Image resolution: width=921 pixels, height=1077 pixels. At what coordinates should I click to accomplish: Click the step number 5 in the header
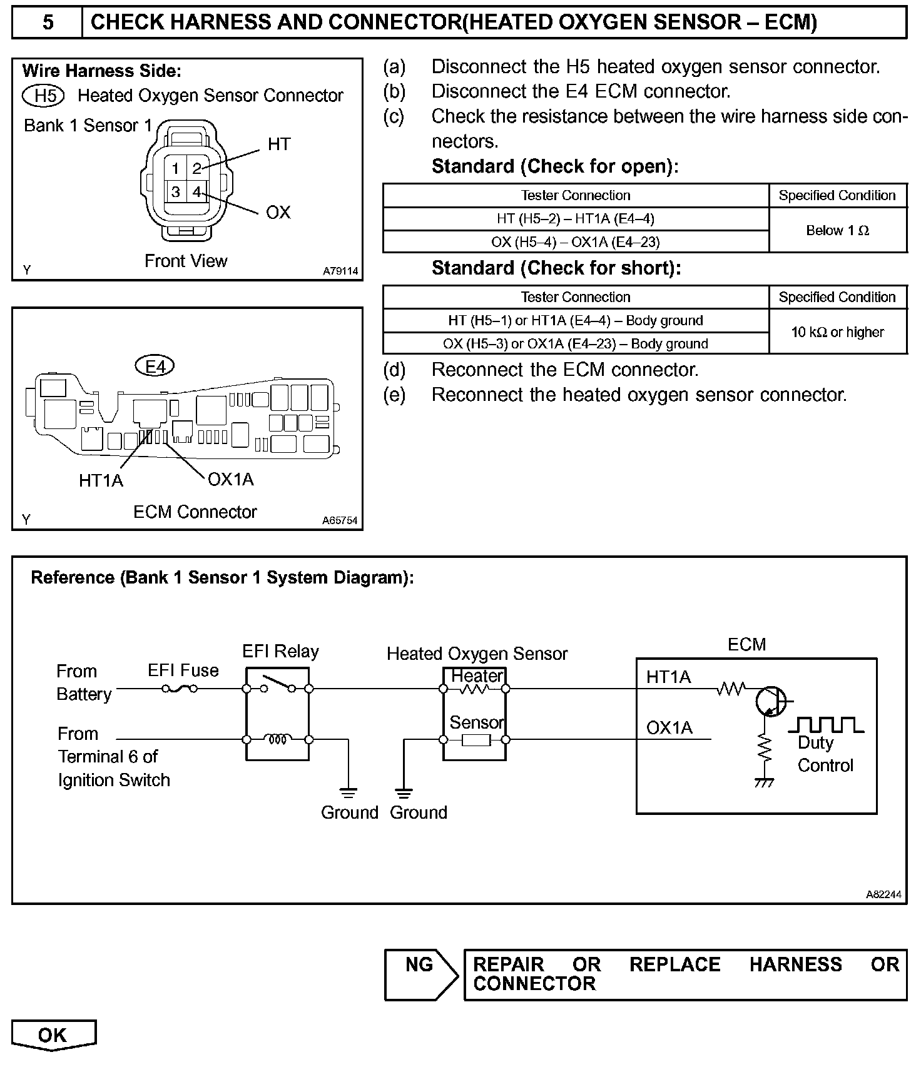[x=48, y=23]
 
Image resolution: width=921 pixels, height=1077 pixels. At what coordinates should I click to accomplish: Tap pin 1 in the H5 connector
[x=176, y=168]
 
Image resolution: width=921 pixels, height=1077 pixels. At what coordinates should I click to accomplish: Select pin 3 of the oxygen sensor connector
[x=176, y=192]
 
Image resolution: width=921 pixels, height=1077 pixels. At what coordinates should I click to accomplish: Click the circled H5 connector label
[x=43, y=96]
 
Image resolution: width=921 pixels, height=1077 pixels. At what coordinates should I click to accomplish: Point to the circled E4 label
[x=155, y=366]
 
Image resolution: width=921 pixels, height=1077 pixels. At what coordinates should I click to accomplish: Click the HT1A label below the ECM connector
[x=101, y=480]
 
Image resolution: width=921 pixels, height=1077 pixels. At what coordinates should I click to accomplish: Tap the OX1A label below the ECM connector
[x=230, y=480]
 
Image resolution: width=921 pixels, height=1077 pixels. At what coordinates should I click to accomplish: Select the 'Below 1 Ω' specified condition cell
[x=837, y=231]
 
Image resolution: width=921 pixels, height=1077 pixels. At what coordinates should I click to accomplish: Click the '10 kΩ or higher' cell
[x=837, y=332]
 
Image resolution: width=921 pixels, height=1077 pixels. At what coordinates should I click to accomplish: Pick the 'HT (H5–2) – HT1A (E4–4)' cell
[x=575, y=219]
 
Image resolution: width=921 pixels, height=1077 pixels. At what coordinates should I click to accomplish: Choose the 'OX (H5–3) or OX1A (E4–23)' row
[x=575, y=343]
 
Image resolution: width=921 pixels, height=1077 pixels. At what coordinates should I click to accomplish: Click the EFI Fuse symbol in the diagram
[x=180, y=689]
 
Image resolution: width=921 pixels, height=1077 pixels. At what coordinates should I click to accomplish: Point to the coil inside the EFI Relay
[x=277, y=739]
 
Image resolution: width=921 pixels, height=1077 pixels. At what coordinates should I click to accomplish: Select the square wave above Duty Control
[x=826, y=725]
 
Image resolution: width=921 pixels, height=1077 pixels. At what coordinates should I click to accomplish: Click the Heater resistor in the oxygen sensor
[x=474, y=689]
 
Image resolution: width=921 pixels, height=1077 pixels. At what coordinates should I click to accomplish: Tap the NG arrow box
[x=421, y=974]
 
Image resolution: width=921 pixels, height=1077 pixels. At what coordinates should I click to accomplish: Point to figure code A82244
[x=883, y=894]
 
